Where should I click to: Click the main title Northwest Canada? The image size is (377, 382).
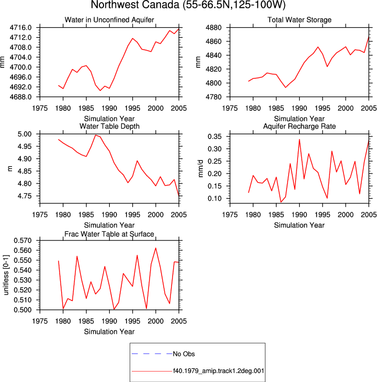(135, 5)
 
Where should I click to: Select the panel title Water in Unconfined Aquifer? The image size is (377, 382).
(109, 20)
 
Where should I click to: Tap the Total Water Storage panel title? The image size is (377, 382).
(299, 20)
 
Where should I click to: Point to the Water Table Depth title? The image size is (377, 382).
(109, 126)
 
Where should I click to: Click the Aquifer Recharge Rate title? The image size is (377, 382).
(299, 126)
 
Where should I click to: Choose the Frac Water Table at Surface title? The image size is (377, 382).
(109, 234)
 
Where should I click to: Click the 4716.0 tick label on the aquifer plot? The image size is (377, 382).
(20, 28)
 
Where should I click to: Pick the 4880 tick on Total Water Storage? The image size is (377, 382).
(213, 28)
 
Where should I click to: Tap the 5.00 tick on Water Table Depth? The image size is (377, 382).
(25, 134)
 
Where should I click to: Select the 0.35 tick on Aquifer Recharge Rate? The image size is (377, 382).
(214, 137)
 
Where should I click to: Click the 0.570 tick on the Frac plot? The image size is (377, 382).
(22, 240)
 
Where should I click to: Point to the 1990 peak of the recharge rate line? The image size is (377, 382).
(299, 140)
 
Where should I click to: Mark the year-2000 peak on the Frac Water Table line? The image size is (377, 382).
(156, 248)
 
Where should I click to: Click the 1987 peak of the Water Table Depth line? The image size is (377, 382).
(96, 135)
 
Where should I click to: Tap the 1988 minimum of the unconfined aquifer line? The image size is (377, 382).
(100, 90)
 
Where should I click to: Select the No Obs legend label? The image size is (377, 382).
(184, 354)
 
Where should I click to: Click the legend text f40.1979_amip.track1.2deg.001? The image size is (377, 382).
(219, 371)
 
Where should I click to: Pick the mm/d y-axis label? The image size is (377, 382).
(200, 169)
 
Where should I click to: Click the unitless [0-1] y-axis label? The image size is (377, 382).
(6, 275)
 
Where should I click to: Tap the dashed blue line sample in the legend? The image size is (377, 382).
(152, 353)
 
